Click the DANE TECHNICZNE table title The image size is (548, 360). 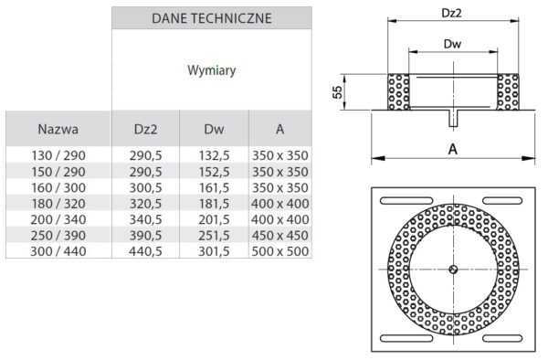(x=212, y=18)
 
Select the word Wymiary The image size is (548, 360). (x=212, y=70)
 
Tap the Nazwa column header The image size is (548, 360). (x=58, y=129)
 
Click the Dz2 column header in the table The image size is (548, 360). (x=145, y=130)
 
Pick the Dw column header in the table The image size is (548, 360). (x=214, y=130)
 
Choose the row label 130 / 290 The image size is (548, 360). (x=58, y=155)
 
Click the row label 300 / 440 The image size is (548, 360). (x=58, y=251)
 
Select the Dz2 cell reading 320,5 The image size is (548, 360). (x=145, y=204)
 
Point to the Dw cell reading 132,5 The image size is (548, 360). (x=214, y=155)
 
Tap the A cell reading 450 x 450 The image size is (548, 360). (x=280, y=236)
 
